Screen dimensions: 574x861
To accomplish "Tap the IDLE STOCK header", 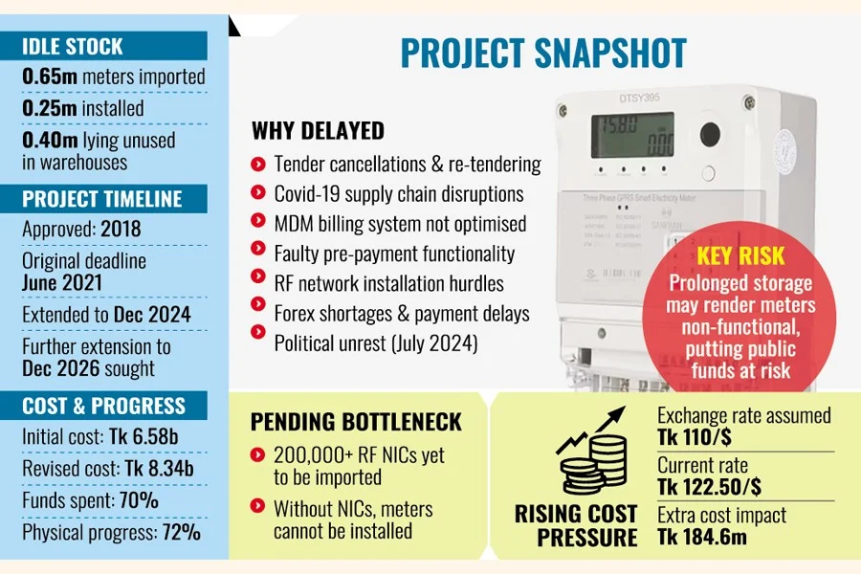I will (75, 47).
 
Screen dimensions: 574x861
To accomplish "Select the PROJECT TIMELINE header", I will (101, 199).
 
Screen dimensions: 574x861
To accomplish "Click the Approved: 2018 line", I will (81, 230).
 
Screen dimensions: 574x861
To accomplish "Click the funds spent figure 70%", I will (138, 500).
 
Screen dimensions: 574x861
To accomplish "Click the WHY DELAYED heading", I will (318, 131).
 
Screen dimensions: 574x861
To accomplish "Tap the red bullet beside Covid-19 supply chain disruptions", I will (257, 194).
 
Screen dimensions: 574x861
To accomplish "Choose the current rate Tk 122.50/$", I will (710, 487).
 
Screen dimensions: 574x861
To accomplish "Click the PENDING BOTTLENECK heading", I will (356, 421).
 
